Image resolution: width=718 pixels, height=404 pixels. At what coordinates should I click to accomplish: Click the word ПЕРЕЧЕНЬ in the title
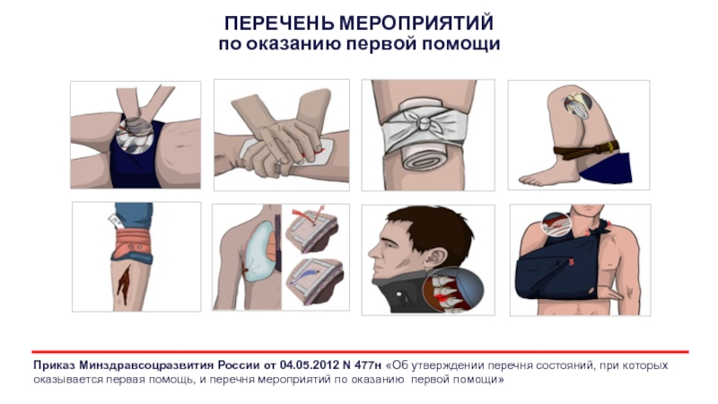tap(279, 23)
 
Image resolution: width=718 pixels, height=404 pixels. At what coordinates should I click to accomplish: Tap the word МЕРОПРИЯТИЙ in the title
tap(416, 23)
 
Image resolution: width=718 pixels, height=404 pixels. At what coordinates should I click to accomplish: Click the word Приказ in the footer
tap(54, 365)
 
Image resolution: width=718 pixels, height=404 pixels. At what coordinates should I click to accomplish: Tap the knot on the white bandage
tap(424, 122)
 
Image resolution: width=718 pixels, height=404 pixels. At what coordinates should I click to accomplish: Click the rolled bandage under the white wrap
tap(424, 161)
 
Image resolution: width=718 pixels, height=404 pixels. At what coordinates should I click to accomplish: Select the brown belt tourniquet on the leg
tap(586, 150)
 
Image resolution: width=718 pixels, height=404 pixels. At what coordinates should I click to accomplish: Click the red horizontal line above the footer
tap(360, 352)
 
